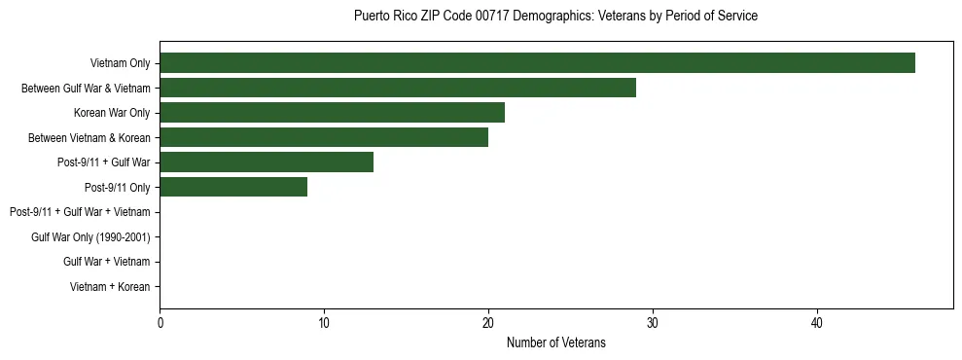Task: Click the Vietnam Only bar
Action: (537, 63)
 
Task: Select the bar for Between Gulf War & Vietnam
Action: (397, 88)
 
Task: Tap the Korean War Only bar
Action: (332, 113)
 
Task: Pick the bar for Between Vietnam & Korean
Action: (323, 137)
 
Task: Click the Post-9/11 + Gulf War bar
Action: (266, 162)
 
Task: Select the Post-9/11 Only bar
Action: (232, 187)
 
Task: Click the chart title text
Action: (555, 17)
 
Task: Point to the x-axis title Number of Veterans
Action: (555, 342)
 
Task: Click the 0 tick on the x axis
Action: (160, 323)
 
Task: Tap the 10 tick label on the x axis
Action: (324, 323)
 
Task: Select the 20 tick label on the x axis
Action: (488, 323)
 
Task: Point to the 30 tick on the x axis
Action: (653, 323)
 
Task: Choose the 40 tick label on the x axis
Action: (817, 323)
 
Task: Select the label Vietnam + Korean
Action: (110, 287)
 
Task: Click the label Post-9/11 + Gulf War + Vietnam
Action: (80, 212)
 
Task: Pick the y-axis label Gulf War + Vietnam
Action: (106, 262)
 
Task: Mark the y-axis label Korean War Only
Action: (112, 114)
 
